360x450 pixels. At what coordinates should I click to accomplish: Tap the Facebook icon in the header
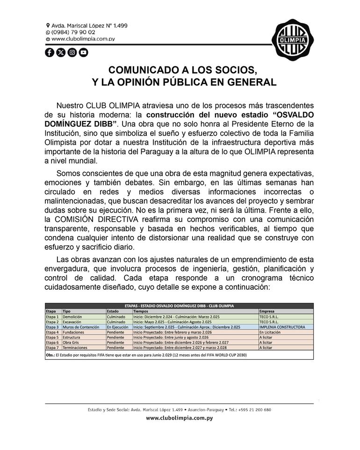pyautogui.click(x=50, y=52)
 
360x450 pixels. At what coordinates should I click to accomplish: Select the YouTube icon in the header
pyautogui.click(x=83, y=52)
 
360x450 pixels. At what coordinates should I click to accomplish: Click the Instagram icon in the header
pyautogui.click(x=72, y=52)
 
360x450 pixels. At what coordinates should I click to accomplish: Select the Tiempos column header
pyautogui.click(x=142, y=311)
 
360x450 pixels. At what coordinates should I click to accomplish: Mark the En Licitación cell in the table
pyautogui.click(x=270, y=332)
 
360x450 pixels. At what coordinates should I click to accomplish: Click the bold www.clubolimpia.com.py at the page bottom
pyautogui.click(x=179, y=418)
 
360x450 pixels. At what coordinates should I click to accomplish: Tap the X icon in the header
pyautogui.click(x=61, y=52)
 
